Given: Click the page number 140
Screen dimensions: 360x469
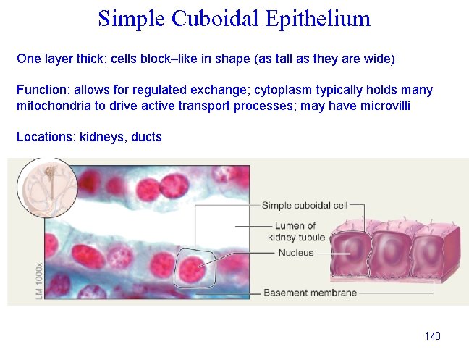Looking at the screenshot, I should pos(433,336).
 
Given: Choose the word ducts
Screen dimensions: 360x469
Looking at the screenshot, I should pos(147,136).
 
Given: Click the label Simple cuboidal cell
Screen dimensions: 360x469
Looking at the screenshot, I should pos(305,205).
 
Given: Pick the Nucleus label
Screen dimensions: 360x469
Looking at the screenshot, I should pos(296,253).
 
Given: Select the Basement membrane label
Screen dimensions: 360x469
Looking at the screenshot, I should pos(310,293).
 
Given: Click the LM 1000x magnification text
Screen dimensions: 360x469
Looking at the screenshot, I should pos(38,279).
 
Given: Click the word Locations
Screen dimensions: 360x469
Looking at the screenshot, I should pos(44,136).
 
